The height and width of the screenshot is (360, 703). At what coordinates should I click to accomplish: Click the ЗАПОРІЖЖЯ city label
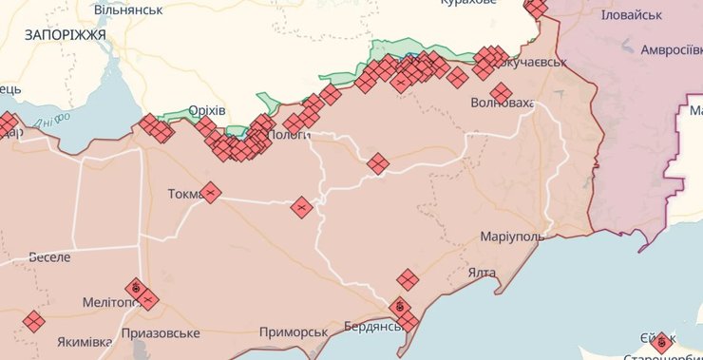click(64, 33)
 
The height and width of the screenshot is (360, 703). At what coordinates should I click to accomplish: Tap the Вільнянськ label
click(128, 9)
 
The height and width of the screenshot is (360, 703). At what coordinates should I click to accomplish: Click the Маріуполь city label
click(512, 236)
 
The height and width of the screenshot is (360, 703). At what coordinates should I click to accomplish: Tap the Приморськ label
click(294, 332)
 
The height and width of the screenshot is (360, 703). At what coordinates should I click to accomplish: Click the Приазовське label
click(161, 333)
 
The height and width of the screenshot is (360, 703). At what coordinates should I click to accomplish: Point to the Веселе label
click(49, 257)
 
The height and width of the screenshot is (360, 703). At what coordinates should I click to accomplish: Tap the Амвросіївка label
click(671, 49)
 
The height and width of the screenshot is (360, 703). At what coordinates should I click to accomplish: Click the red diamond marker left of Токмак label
click(210, 193)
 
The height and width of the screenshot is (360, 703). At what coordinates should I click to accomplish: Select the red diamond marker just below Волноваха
click(502, 91)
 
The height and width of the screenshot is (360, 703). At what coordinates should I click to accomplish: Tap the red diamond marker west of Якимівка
click(33, 321)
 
